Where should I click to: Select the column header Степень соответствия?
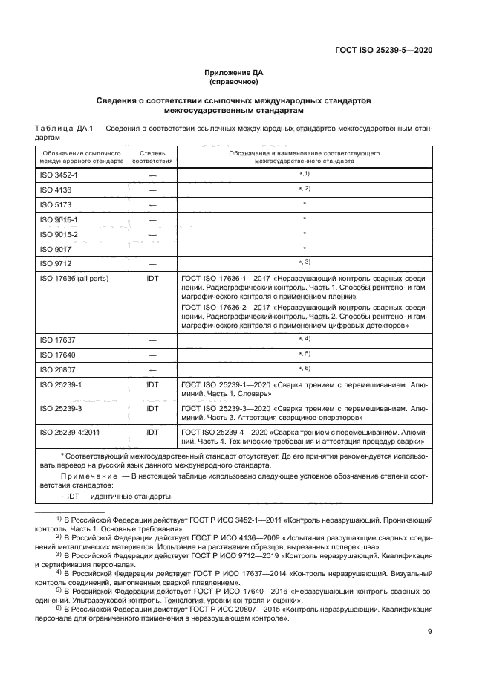[x=152, y=156]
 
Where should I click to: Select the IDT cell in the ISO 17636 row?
[x=152, y=279]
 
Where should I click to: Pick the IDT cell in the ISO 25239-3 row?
[x=152, y=408]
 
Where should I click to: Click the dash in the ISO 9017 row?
[x=152, y=249]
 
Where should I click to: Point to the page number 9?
[x=430, y=632]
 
